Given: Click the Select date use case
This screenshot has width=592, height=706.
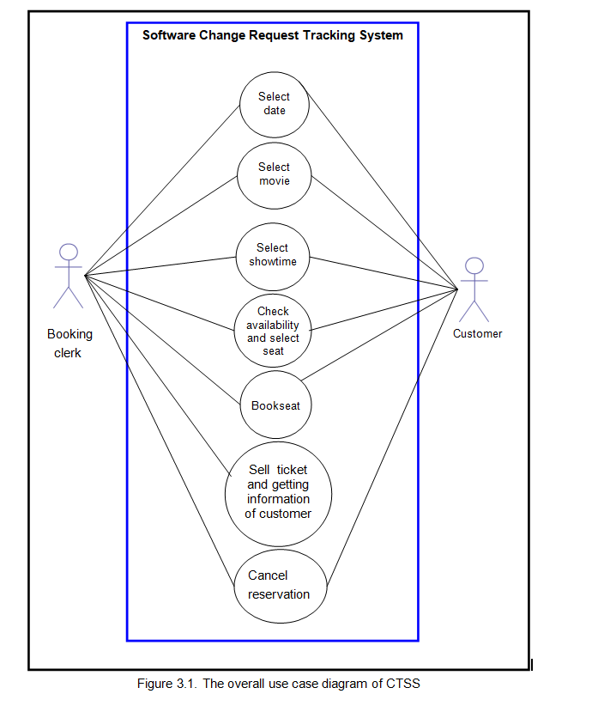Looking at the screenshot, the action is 275,105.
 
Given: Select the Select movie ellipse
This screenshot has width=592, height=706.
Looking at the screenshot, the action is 274,175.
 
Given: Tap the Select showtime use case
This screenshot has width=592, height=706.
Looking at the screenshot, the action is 273,257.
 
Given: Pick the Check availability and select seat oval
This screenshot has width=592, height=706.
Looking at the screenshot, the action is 273,331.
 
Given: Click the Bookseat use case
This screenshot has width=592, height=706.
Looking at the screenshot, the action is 275,405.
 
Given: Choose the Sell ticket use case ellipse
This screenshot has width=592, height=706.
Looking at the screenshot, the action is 278,494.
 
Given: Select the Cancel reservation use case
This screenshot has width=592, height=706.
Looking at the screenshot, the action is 281,587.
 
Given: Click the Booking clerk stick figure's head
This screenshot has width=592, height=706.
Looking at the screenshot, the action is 69,253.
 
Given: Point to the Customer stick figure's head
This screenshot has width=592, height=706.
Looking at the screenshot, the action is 474,265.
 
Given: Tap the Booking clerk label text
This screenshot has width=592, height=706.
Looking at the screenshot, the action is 69,343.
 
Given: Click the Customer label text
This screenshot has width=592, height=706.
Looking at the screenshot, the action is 477,333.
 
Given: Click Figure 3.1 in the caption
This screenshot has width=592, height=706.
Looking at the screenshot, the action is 166,684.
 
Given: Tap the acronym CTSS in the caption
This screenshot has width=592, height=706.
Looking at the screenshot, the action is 403,684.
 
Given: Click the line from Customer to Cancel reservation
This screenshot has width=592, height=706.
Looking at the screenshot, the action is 392,437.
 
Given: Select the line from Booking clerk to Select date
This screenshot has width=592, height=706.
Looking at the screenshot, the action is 162,190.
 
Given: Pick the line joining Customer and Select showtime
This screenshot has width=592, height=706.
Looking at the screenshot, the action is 384,273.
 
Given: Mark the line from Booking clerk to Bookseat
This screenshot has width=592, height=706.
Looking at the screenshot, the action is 163,340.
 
